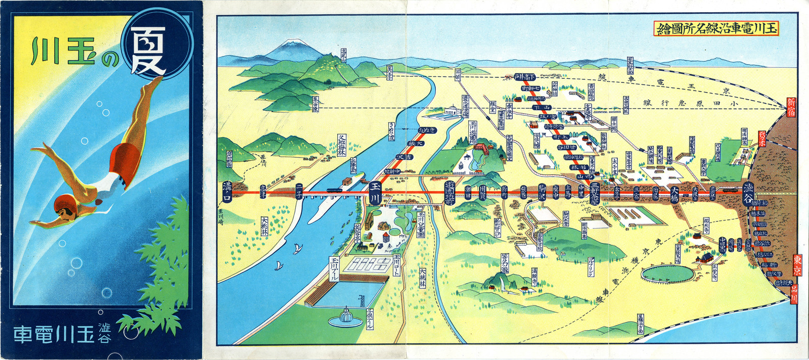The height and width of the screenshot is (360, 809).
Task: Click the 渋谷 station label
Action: click(748, 192)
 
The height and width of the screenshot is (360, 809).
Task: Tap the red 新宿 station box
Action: click(791, 107)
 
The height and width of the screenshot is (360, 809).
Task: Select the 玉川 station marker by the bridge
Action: click(375, 193)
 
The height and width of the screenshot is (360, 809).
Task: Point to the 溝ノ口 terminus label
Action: click(227, 192)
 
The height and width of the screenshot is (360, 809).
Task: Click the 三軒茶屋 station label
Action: click(595, 192)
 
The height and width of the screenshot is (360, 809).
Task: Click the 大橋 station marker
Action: click(674, 193)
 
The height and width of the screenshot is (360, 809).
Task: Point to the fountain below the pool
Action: click(345, 317)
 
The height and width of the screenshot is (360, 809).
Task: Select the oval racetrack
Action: click(667, 274)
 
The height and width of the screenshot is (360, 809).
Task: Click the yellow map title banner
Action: click(715, 28)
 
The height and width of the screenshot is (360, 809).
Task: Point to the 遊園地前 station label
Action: click(450, 193)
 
